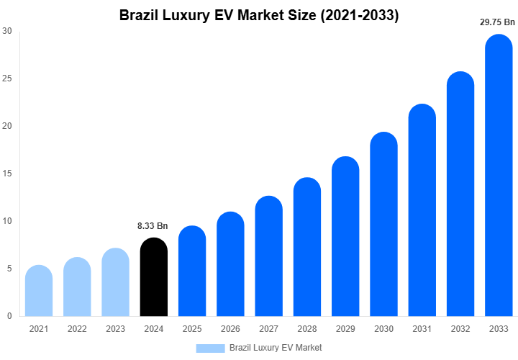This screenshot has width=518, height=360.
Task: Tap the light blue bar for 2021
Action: (x=39, y=291)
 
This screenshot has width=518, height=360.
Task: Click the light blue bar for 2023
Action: (x=116, y=282)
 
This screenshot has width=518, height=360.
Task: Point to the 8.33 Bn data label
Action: (x=153, y=226)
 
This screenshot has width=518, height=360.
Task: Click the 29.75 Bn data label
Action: (x=498, y=22)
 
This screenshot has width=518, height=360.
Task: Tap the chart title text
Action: (x=259, y=15)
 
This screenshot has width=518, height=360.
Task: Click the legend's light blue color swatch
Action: (x=210, y=348)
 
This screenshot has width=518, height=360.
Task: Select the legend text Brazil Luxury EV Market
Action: (x=276, y=348)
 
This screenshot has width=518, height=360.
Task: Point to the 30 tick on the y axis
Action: (x=7, y=31)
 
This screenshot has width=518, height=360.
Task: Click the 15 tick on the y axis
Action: (x=7, y=174)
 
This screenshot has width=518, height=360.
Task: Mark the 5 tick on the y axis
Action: (x=9, y=269)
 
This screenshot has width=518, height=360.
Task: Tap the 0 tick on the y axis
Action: (x=9, y=316)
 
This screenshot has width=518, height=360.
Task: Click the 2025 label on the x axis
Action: (x=192, y=329)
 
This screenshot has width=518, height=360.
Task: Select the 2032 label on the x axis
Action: (x=460, y=329)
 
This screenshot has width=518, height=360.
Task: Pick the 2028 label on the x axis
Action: (x=307, y=329)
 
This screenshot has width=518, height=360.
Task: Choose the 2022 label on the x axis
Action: (x=77, y=329)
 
